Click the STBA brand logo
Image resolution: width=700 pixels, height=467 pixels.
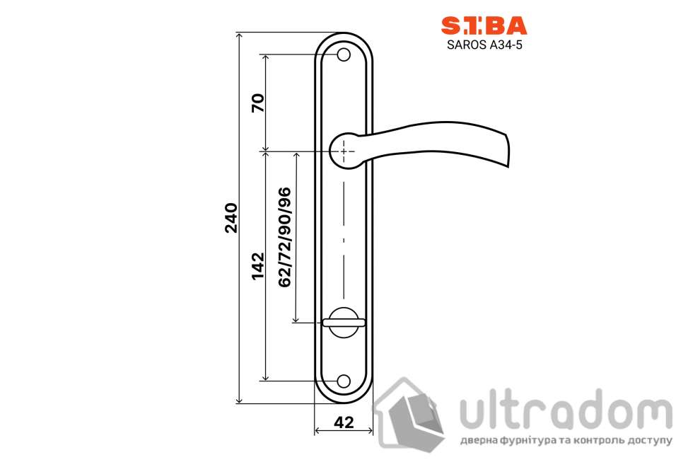tap(484, 25)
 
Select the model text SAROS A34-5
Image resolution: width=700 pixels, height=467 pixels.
tap(484, 45)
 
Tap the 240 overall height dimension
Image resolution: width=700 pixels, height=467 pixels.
tap(231, 218)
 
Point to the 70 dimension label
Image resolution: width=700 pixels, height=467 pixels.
tap(258, 103)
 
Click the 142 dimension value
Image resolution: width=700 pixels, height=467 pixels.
tap(258, 266)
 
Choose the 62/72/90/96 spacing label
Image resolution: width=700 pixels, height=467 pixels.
tap(284, 237)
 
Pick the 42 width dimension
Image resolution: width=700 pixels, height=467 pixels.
tap(344, 422)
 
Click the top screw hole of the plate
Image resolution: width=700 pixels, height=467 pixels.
tap(344, 55)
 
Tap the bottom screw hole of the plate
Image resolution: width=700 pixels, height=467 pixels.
tap(344, 381)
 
